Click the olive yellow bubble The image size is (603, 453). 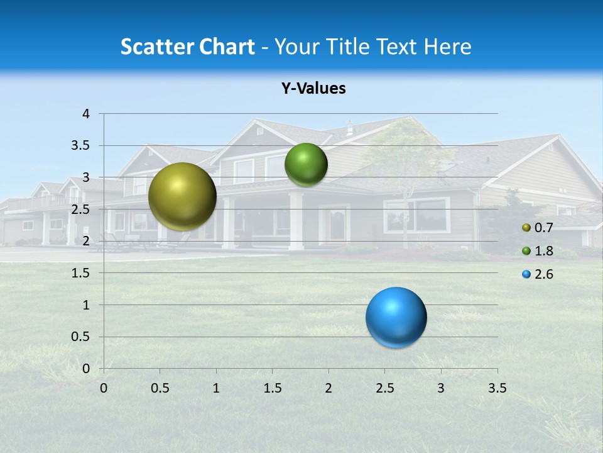coord(182,196)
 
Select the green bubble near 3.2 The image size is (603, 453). coord(306,165)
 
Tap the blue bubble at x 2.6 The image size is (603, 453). coord(396,317)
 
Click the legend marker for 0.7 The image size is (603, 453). coord(526,228)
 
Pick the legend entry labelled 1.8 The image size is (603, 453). coord(543,251)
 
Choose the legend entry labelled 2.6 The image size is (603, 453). coord(543,274)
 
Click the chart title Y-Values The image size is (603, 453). coord(313,89)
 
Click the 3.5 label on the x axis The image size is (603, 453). coord(497,388)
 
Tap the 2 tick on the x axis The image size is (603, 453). coord(329,388)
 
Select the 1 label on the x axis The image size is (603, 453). coord(216,388)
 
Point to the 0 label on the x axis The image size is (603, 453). coord(104,388)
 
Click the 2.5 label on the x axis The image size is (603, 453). coord(384,388)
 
